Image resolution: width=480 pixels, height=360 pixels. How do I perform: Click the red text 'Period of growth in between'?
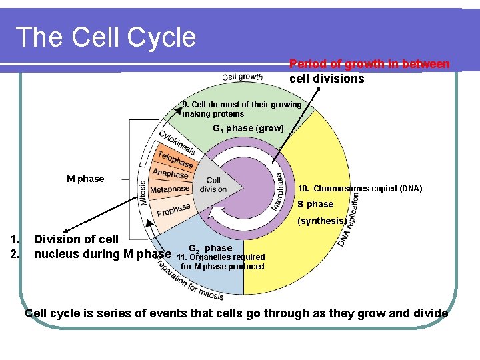[369, 64]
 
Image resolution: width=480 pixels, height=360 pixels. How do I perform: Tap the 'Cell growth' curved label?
[243, 77]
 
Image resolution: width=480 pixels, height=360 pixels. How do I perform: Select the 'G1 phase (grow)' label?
[248, 128]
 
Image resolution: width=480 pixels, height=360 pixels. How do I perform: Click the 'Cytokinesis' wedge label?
[177, 143]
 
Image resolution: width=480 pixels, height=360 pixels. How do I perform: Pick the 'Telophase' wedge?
[175, 160]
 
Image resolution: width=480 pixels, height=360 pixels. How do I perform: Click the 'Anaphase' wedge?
[171, 173]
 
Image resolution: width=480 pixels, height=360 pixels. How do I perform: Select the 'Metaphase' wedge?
[170, 190]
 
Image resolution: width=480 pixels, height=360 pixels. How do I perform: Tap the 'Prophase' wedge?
[175, 211]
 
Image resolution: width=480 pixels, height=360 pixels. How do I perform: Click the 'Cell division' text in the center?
[214, 185]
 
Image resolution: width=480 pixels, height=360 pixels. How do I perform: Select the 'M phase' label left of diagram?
[85, 179]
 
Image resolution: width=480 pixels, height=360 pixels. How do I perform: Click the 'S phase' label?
[315, 204]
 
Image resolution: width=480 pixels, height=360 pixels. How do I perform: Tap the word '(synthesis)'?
[321, 220]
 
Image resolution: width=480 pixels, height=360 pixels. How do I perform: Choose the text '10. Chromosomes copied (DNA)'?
[359, 189]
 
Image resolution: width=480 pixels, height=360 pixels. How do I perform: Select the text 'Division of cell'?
[76, 239]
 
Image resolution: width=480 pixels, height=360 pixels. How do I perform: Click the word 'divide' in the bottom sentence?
[430, 313]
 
